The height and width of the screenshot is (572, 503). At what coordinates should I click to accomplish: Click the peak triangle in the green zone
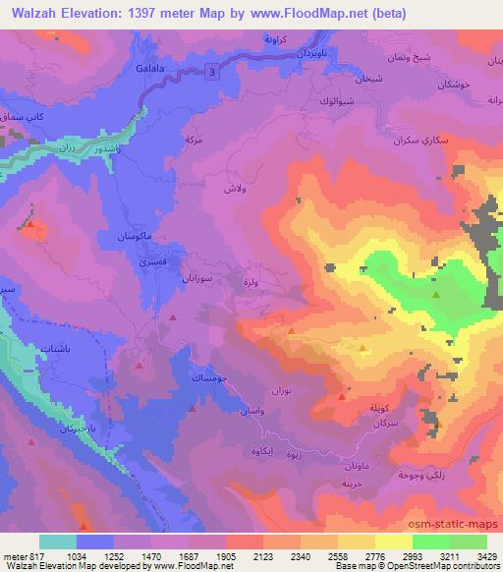click(x=435, y=292)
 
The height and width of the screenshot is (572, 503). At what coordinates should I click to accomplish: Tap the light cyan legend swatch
click(x=59, y=542)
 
